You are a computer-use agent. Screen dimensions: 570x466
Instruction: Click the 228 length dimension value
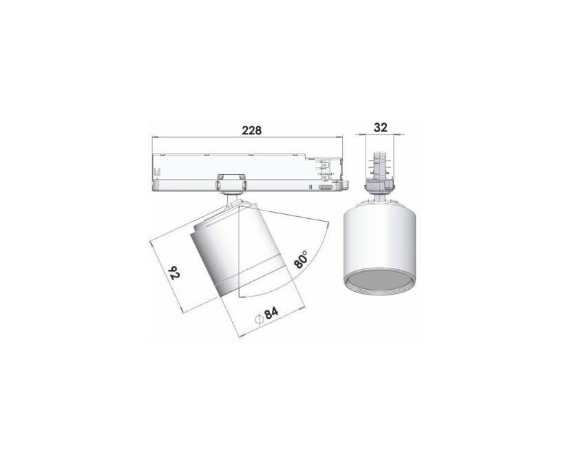pos(252,130)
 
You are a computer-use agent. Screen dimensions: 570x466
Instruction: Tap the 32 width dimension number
pos(380,127)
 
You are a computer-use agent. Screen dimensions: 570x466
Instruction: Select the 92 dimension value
pos(175,273)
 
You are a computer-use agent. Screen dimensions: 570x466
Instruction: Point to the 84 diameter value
pos(271,313)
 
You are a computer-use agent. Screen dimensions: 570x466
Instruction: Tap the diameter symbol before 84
pos(259,319)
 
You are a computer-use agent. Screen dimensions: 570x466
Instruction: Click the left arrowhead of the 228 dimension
pos(154,137)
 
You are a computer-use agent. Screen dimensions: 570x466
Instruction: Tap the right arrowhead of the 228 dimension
pos(339,137)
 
